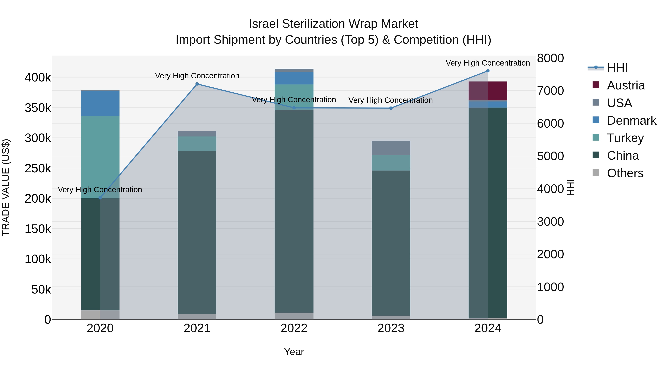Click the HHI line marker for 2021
click(x=197, y=84)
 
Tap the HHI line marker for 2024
click(x=488, y=71)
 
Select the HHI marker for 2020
click(x=100, y=198)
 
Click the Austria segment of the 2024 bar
click(x=488, y=91)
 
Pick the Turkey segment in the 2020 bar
click(x=100, y=157)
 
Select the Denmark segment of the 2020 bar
click(x=100, y=104)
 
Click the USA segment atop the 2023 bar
click(x=391, y=148)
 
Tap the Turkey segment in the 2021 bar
click(x=197, y=144)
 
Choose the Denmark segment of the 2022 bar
click(x=294, y=78)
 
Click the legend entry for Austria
click(x=625, y=85)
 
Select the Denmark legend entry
click(x=631, y=121)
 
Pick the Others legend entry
click(x=625, y=173)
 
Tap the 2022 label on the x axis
click(x=294, y=328)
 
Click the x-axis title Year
click(x=294, y=352)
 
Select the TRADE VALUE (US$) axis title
click(x=6, y=187)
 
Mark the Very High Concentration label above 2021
click(x=197, y=76)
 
